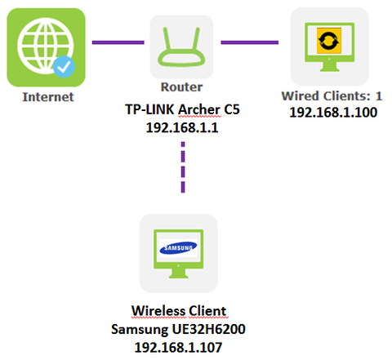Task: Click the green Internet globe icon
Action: click(46, 47)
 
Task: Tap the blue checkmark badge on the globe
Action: click(64, 66)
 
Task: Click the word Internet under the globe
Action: click(48, 97)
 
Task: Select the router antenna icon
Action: click(181, 47)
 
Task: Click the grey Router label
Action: click(181, 87)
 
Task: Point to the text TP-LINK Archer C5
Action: click(182, 109)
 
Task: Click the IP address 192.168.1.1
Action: click(182, 127)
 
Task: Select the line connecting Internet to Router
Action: click(118, 42)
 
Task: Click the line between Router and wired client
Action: click(250, 42)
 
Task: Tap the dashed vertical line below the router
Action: click(183, 167)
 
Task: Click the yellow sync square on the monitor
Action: click(329, 41)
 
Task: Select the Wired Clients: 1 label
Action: click(332, 96)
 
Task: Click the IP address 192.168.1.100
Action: click(333, 112)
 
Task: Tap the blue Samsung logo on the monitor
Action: click(178, 248)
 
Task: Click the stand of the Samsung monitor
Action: click(178, 273)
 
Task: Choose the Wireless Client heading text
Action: click(179, 311)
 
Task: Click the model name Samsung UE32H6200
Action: click(178, 329)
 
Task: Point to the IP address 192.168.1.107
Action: click(178, 348)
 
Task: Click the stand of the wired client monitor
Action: click(329, 67)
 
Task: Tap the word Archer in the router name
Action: click(198, 109)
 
